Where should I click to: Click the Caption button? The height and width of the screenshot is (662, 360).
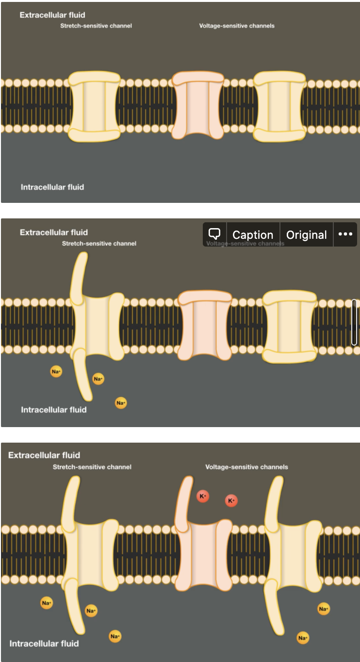(x=253, y=235)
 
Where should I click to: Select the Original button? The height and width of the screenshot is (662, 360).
(x=307, y=235)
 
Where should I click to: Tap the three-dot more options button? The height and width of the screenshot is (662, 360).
(x=345, y=234)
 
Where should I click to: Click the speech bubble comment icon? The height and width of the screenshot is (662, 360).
(x=214, y=234)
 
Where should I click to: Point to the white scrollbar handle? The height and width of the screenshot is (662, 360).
(x=354, y=322)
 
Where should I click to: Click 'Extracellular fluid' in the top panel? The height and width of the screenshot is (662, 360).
(x=52, y=15)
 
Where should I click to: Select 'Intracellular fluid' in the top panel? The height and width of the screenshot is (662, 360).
(x=52, y=187)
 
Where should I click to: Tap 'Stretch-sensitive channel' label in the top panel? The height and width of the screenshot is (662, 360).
(x=96, y=26)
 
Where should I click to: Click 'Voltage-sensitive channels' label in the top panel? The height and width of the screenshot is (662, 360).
(x=237, y=26)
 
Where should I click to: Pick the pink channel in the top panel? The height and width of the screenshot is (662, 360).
(x=198, y=105)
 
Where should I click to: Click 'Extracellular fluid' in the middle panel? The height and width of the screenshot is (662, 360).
(x=54, y=232)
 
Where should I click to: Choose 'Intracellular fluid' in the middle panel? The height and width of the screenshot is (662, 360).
(x=54, y=410)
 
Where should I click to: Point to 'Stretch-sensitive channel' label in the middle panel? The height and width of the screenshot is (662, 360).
(x=99, y=243)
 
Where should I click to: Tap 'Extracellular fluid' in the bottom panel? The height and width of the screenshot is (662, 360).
(x=44, y=455)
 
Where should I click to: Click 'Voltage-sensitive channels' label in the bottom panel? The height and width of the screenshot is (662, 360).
(x=246, y=467)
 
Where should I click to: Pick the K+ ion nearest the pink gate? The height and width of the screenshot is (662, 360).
(x=203, y=496)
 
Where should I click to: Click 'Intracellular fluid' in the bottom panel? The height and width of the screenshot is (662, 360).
(x=44, y=644)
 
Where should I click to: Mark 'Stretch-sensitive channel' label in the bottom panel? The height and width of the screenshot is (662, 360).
(x=92, y=467)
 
